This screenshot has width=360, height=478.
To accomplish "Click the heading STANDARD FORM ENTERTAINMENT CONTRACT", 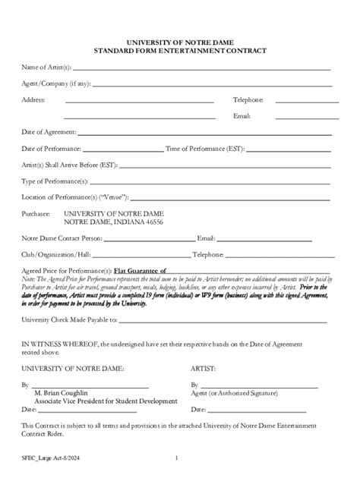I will [179, 51].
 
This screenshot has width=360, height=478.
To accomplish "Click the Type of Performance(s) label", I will [55, 181].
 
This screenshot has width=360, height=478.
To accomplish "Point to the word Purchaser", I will [36, 214].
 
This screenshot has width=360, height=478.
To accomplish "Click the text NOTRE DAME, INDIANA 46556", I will [112, 222].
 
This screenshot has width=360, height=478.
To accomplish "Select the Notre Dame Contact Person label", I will [61, 238].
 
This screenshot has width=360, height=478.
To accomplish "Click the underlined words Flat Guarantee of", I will [140, 271].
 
